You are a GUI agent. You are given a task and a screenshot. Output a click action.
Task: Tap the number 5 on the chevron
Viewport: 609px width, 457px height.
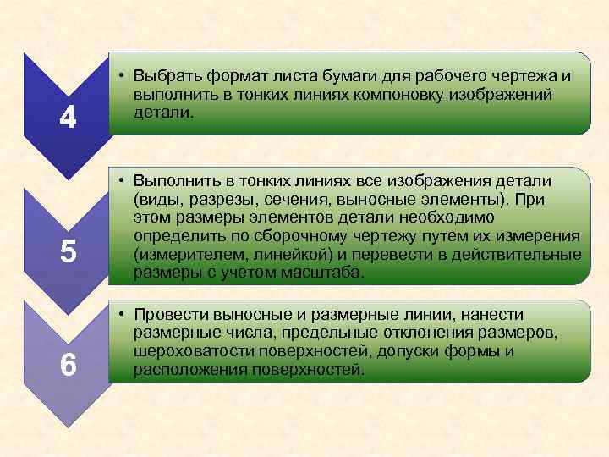click(x=69, y=251)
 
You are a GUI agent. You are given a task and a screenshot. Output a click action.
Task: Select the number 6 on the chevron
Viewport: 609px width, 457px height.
click(x=69, y=365)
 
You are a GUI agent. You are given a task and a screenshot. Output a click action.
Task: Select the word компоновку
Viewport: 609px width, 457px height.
click(x=382, y=94)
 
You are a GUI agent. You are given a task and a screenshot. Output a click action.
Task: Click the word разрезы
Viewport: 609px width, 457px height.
click(x=223, y=200)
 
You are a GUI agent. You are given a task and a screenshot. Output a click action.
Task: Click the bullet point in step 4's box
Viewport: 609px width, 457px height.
click(x=123, y=76)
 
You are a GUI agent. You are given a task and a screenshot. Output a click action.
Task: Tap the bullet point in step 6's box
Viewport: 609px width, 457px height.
click(x=123, y=315)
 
